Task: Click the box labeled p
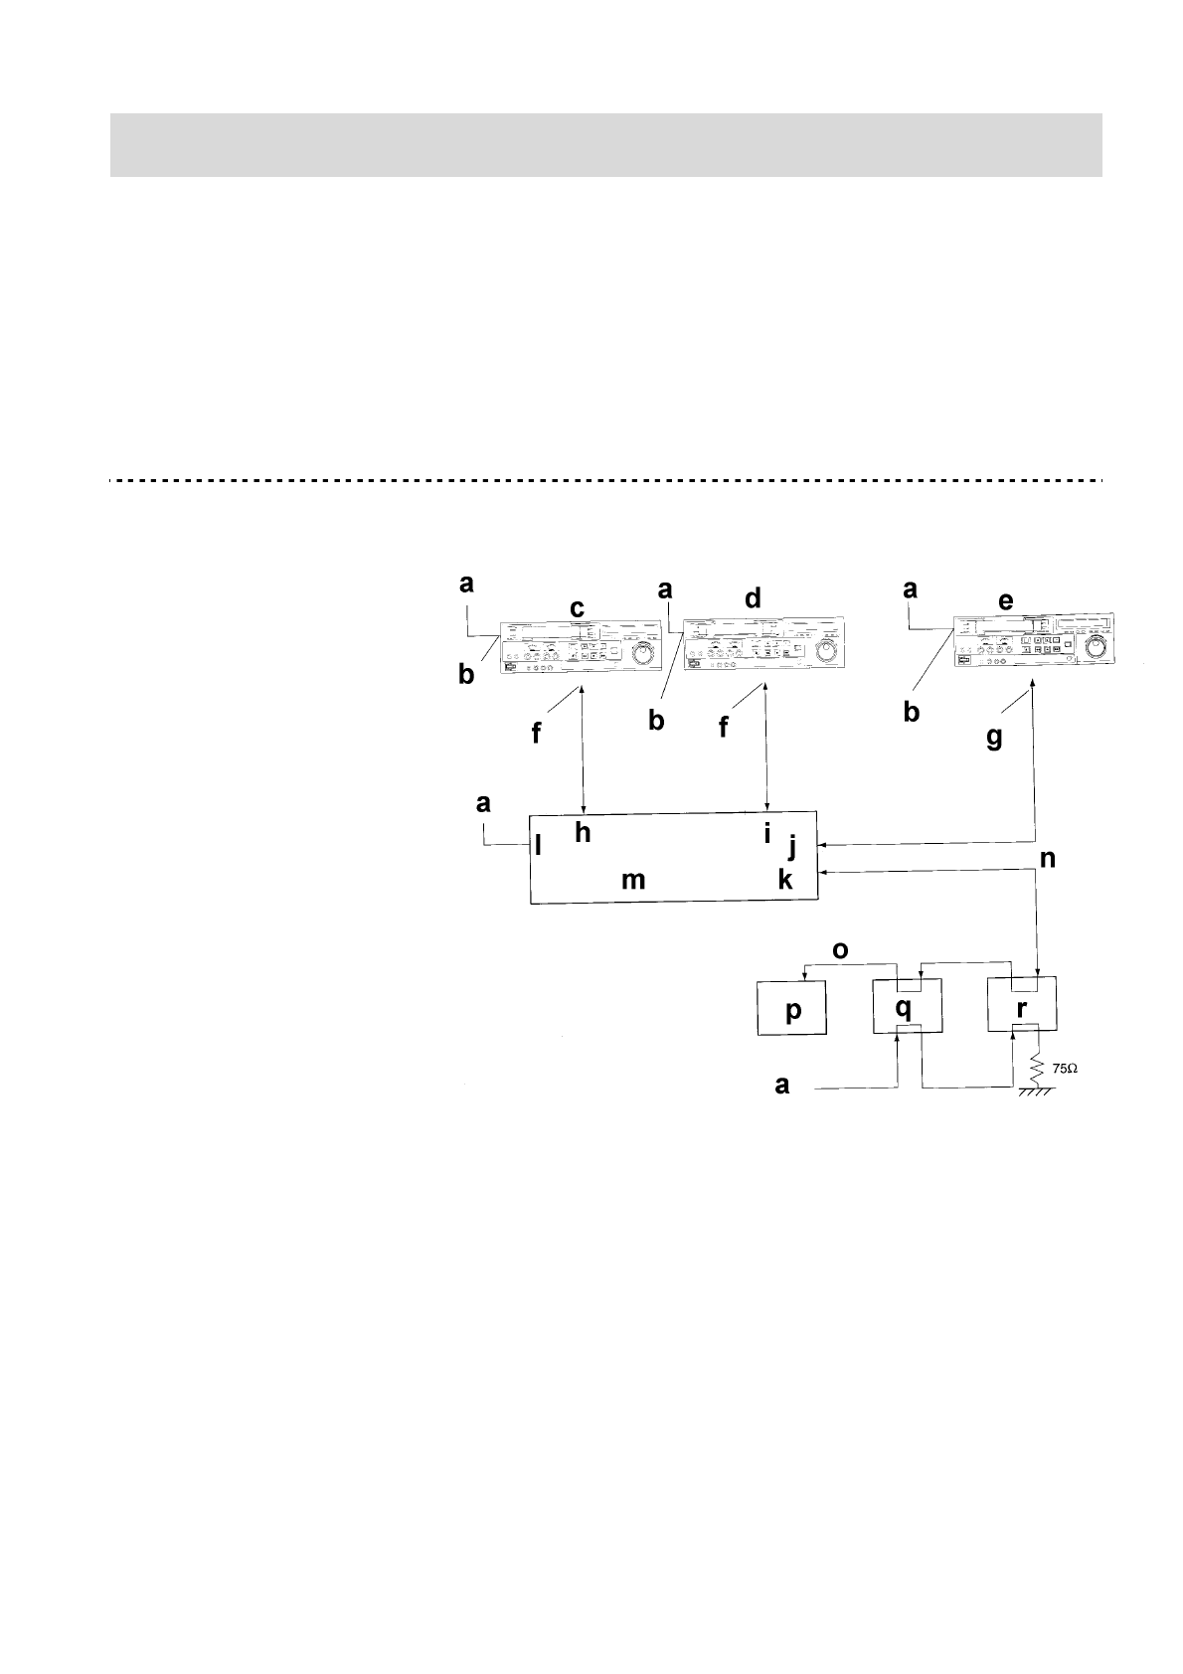click(792, 1008)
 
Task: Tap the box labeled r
click(1021, 1006)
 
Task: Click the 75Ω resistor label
click(1065, 1069)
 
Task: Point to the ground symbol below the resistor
click(1036, 1091)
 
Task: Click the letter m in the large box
click(633, 880)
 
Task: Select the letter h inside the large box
click(583, 833)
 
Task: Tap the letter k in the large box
click(785, 878)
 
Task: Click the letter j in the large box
click(792, 846)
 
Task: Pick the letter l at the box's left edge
click(538, 846)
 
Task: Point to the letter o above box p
click(840, 950)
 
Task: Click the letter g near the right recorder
click(994, 740)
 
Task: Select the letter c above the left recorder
click(577, 607)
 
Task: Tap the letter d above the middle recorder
click(753, 598)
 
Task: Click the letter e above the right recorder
click(1006, 601)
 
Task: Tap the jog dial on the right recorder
click(1098, 647)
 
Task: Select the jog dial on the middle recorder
click(824, 651)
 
